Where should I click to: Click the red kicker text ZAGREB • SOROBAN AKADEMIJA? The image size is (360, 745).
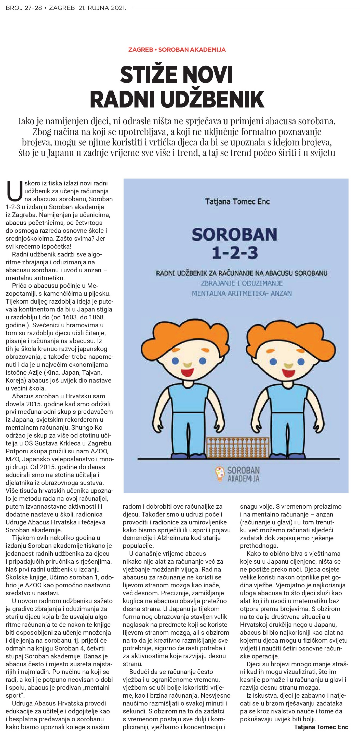177,50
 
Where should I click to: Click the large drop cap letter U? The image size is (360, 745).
15,191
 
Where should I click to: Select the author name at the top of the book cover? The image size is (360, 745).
237,201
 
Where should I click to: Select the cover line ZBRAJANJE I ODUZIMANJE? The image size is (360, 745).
241,283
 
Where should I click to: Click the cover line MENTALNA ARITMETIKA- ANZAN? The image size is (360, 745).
242,293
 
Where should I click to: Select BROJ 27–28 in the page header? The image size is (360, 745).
24,8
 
